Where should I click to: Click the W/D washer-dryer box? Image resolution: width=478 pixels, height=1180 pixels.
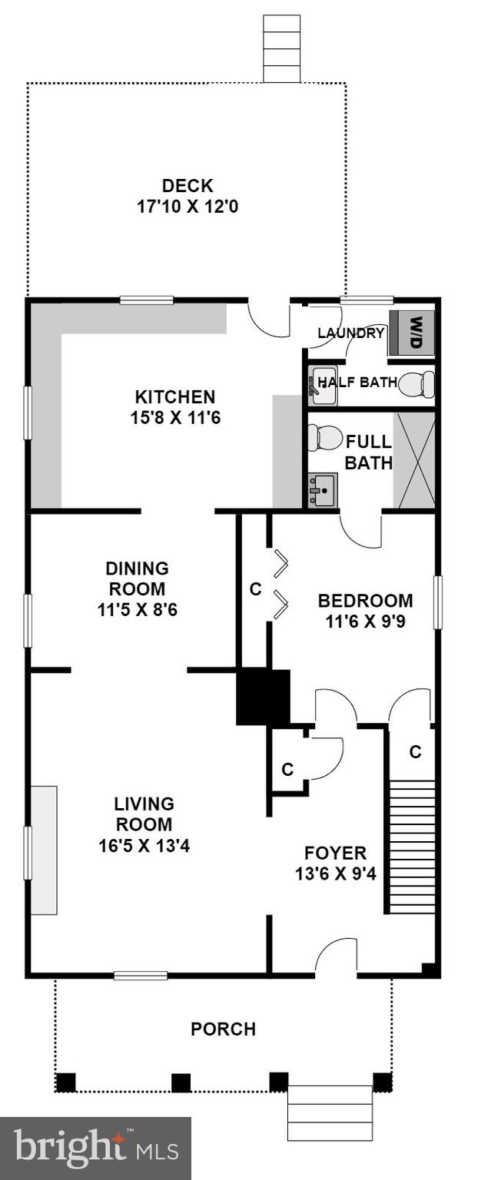tap(413, 332)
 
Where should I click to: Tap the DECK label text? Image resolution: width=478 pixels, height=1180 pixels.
tap(187, 186)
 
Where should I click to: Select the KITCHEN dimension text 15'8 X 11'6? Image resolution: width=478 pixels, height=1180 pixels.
tap(174, 419)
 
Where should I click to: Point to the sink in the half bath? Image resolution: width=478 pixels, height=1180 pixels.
tap(322, 384)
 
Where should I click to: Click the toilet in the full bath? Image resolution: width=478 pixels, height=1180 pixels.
tap(324, 438)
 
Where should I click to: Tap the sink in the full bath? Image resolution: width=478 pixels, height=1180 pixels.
tap(323, 489)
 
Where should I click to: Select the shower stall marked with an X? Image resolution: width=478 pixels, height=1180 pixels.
tap(414, 460)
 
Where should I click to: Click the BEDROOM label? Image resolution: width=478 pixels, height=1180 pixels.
tap(365, 601)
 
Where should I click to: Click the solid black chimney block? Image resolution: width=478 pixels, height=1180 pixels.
tap(263, 696)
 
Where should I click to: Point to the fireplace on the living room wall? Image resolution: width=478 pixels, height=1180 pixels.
tap(44, 850)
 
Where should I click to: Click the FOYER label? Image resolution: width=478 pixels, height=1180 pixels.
tap(335, 853)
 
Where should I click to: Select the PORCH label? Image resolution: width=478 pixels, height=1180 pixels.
tap(223, 1029)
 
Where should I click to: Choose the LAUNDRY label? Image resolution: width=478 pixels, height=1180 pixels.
tap(350, 333)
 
